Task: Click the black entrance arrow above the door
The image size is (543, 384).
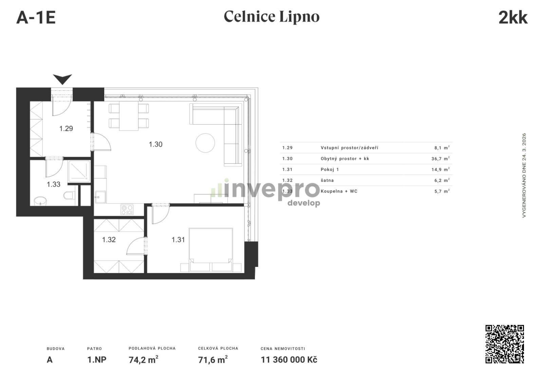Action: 62,78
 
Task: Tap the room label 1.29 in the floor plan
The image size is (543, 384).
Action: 66,128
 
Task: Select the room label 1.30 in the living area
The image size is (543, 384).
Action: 156,144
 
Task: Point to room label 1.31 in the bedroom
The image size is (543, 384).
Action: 178,240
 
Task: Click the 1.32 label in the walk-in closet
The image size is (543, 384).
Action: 109,240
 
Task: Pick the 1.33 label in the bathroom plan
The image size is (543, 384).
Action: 54,184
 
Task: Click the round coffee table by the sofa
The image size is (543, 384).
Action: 205,143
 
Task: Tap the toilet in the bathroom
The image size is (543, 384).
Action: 69,196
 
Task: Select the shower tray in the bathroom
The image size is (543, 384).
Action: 79,171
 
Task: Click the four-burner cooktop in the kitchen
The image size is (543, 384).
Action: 127,209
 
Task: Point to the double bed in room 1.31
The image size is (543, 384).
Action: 211,250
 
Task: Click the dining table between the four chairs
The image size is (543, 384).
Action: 129,116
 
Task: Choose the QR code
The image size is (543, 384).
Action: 505,344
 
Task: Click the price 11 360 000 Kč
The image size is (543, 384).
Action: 289,360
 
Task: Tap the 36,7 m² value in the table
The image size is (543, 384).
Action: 441,159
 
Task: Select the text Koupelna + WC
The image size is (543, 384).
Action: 339,191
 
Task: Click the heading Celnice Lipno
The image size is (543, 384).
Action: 271,17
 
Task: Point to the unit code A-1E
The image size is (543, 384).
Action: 36,18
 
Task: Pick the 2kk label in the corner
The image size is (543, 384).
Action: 513,17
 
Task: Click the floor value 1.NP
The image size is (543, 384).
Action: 97,360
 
